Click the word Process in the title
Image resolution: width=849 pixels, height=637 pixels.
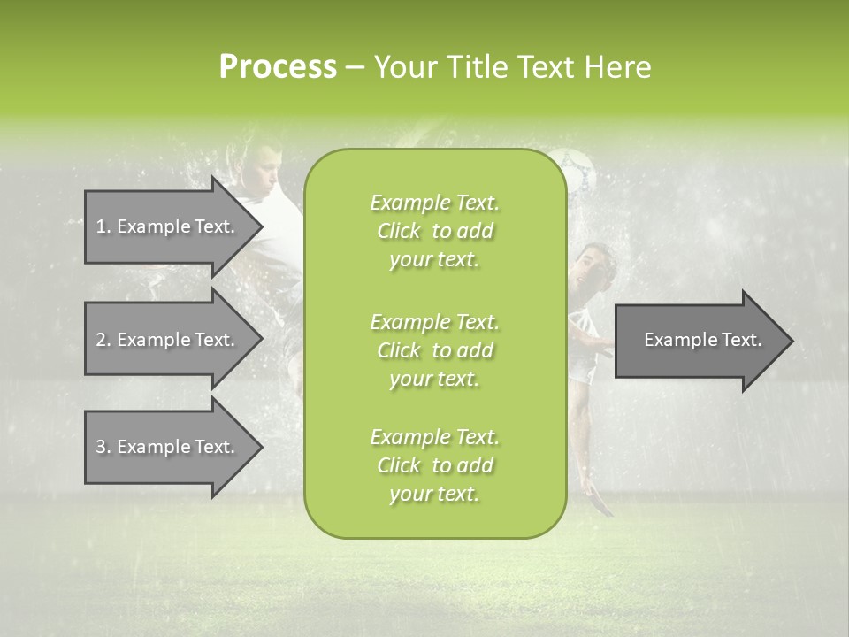click(278, 67)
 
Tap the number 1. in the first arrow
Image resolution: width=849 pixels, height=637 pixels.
click(103, 226)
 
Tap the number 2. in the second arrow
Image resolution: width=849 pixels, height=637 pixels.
click(103, 340)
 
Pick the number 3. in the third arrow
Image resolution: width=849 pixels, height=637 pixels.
click(103, 447)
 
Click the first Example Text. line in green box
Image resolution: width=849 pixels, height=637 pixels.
click(434, 203)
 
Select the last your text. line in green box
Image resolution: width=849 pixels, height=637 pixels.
click(434, 495)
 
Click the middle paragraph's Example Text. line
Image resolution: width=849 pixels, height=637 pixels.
click(434, 321)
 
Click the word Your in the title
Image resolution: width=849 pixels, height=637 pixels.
click(406, 67)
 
